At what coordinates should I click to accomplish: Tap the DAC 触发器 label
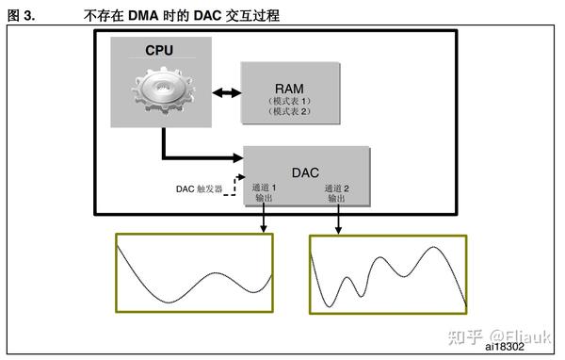pos(199,188)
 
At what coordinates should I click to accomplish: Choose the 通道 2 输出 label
pos(338,193)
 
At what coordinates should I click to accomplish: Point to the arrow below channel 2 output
pos(338,219)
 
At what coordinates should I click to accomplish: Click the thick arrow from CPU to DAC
pos(188,155)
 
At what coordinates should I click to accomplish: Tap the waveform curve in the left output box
pos(193,283)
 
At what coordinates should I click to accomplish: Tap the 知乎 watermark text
pos(467,335)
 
